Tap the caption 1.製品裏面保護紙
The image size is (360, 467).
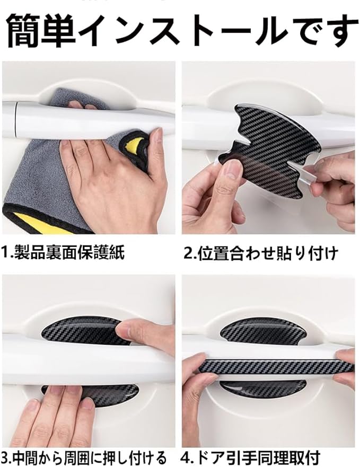tap(63, 252)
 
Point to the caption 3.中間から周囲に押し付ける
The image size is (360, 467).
tap(83, 457)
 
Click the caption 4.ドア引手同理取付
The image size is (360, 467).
tap(250, 457)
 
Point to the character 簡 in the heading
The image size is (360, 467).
tap(24, 31)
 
